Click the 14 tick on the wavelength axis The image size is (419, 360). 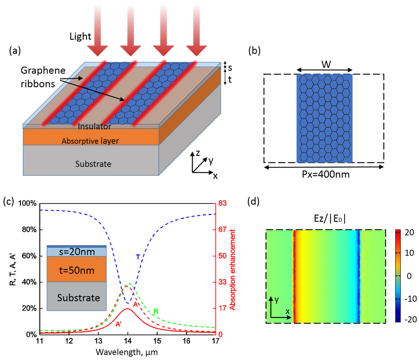tap(128, 341)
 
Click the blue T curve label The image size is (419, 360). tap(138, 257)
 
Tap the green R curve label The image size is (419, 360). tap(155, 312)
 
